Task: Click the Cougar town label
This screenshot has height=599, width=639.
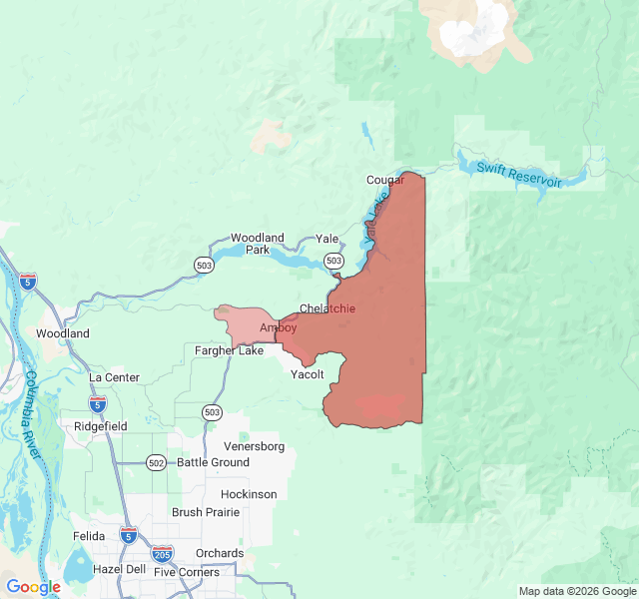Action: [384, 180]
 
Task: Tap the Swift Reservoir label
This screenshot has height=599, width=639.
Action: [518, 176]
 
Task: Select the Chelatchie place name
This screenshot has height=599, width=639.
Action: [327, 308]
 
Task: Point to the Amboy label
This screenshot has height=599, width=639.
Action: [278, 327]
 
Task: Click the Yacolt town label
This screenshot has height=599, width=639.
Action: [307, 374]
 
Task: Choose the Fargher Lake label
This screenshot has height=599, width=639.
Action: [230, 350]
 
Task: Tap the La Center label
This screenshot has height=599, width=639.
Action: [114, 377]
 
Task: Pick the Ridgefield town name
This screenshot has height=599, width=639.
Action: [101, 426]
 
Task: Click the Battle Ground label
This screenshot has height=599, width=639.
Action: [213, 462]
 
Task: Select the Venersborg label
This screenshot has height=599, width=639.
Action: [255, 445]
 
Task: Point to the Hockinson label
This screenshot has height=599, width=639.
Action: [249, 494]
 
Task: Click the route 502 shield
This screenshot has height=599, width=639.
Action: [156, 462]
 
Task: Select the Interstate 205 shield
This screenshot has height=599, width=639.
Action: [162, 553]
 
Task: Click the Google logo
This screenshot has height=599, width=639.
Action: [33, 587]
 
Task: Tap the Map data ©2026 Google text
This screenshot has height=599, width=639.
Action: [575, 591]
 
